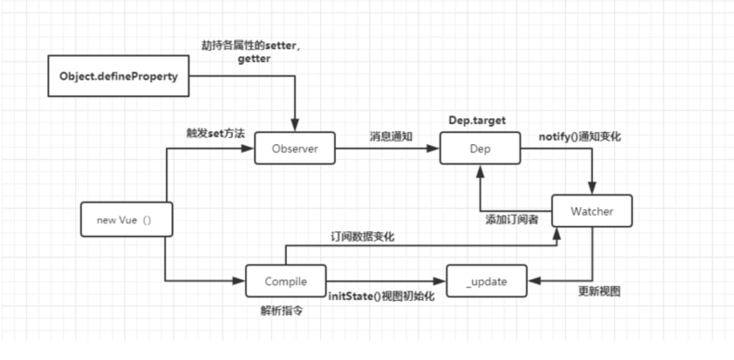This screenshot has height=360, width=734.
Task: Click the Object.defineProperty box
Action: click(x=119, y=76)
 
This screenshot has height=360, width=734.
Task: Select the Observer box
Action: click(x=295, y=149)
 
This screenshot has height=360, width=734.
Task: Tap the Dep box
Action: click(x=480, y=149)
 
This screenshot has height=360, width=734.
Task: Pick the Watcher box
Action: click(x=592, y=210)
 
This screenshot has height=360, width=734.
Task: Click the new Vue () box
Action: click(x=126, y=220)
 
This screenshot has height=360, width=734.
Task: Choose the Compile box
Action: click(x=285, y=281)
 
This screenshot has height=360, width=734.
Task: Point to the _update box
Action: click(x=486, y=281)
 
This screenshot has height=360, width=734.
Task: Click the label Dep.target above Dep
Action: click(x=477, y=121)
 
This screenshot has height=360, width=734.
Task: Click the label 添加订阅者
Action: click(x=511, y=220)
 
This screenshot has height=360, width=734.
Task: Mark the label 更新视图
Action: click(x=599, y=292)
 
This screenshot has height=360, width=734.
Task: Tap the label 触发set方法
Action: click(x=216, y=134)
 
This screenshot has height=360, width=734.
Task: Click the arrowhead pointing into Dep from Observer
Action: click(x=433, y=149)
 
